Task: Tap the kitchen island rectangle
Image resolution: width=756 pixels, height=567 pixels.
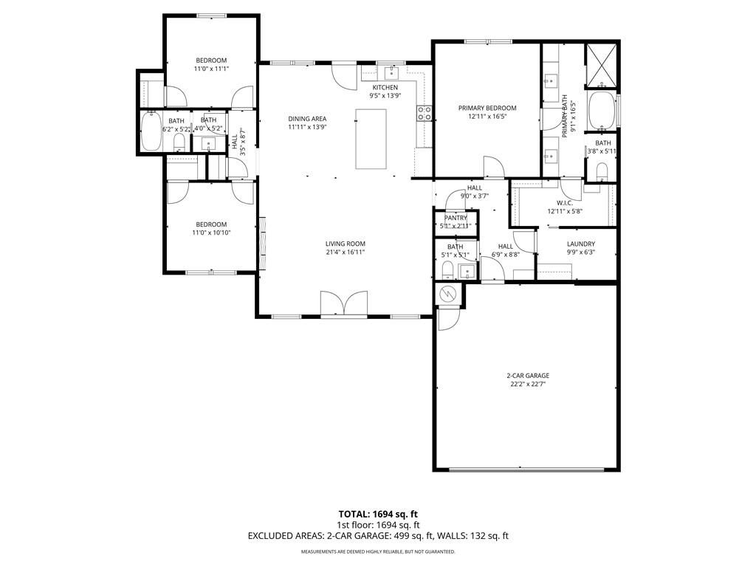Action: pos(371,139)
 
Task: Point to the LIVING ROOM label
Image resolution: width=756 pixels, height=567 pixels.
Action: pos(345,244)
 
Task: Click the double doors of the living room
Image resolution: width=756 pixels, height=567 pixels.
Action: pos(344,303)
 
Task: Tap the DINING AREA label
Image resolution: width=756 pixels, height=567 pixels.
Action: pos(307,119)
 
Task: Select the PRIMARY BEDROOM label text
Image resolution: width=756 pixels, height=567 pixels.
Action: pos(487,108)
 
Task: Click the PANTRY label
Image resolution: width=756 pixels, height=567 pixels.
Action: pos(456,218)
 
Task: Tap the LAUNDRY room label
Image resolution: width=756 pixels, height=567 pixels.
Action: pos(580,244)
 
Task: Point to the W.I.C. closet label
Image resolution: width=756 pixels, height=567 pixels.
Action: pos(565,203)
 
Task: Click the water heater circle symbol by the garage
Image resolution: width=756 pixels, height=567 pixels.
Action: pos(447,295)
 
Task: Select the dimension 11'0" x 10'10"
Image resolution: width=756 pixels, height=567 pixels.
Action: pos(211,233)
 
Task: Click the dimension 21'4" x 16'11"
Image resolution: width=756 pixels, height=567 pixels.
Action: pos(345,252)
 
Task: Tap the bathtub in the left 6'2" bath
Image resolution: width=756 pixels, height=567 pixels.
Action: pos(152,131)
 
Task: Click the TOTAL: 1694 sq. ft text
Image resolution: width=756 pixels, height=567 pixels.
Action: pos(378,513)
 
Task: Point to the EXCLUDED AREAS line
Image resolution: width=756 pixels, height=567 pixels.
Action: pos(378,536)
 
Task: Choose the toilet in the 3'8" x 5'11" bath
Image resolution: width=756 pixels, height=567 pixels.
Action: pos(601,172)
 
